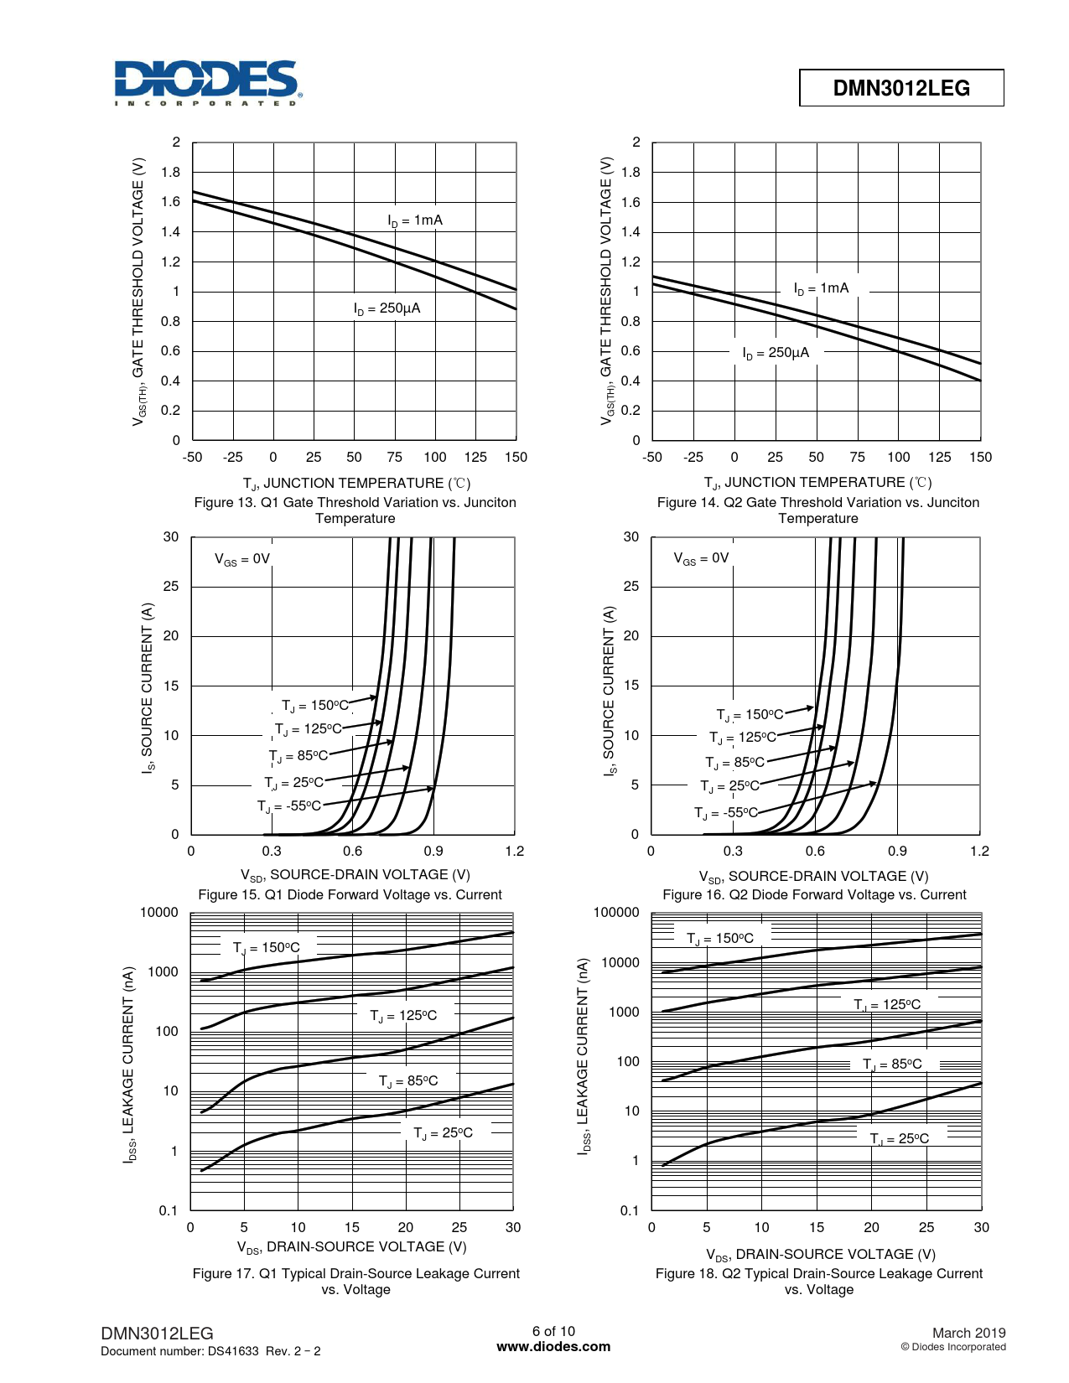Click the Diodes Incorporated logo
coord(207,82)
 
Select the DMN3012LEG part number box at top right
coord(901,88)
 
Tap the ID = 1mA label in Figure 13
coord(415,220)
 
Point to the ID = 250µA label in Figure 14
coord(776,353)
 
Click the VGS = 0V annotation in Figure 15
coord(242,559)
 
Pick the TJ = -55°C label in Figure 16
coord(725,812)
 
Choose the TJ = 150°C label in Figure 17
coord(266,948)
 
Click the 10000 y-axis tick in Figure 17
coord(159,913)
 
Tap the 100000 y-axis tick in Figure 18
coord(616,913)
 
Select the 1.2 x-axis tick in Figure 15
coord(514,852)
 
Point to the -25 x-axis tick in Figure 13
coord(232,458)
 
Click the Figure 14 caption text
coord(817,510)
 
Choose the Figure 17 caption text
coord(355,1281)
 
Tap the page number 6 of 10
coord(553,1331)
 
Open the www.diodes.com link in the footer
coord(553,1347)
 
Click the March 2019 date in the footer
coord(968,1333)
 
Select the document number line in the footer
coord(210,1351)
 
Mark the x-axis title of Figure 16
coord(813,876)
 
